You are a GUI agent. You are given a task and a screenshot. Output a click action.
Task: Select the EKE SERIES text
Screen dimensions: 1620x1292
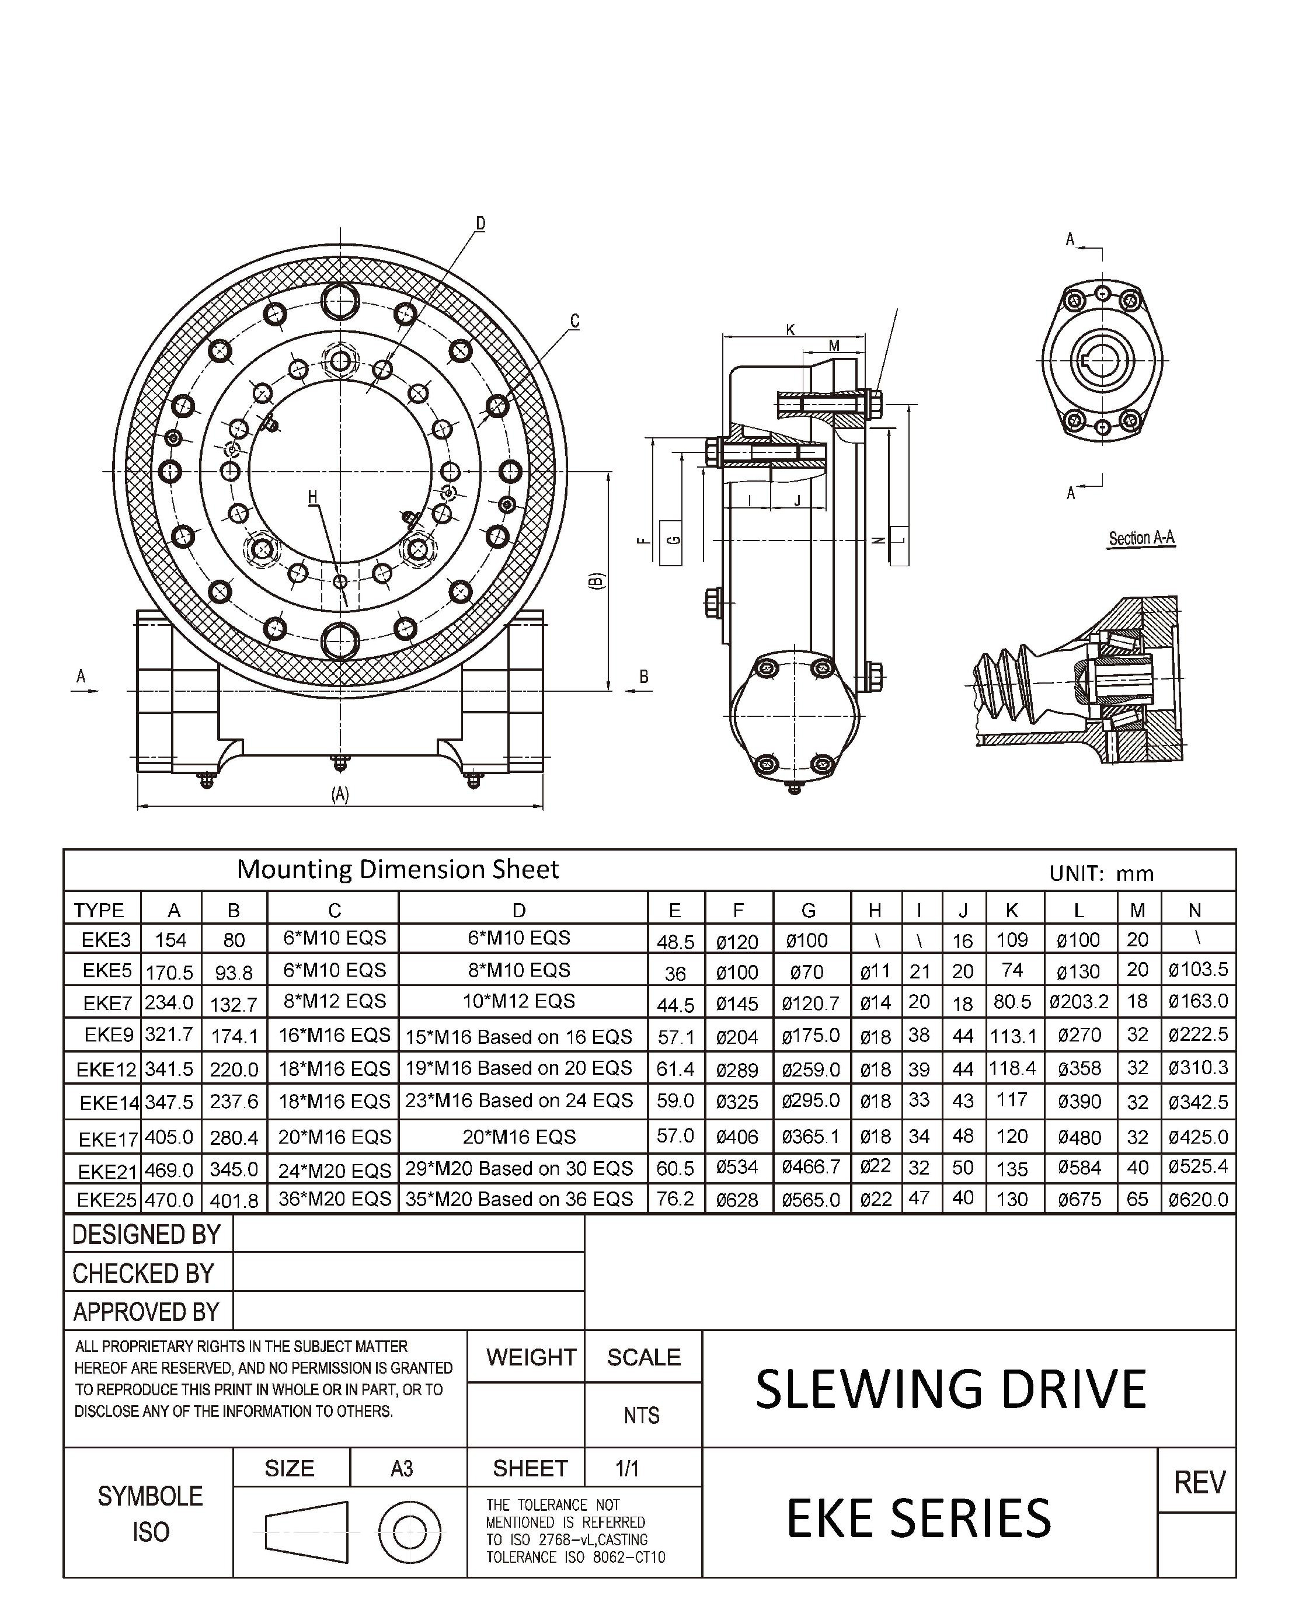tap(918, 1518)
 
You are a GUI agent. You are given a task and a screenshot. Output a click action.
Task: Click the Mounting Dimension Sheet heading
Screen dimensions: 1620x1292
tap(398, 869)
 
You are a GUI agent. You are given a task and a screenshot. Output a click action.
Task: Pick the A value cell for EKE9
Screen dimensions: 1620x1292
tap(170, 1034)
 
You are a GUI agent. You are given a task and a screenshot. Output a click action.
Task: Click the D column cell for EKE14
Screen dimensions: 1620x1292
tap(520, 1101)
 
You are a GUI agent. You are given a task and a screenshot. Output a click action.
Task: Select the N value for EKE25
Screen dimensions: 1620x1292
tap(1198, 1199)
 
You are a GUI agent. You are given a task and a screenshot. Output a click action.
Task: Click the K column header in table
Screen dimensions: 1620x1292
tap(1012, 910)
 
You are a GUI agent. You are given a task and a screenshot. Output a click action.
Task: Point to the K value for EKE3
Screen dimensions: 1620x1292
tap(1012, 939)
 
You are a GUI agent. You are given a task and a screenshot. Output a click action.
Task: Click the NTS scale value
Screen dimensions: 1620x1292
tap(641, 1416)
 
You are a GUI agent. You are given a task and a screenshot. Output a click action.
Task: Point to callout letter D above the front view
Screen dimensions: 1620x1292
tap(480, 223)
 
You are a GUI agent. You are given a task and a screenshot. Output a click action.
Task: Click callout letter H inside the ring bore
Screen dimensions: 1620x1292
tap(313, 497)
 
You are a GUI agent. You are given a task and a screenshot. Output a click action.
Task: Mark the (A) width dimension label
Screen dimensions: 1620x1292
tap(340, 794)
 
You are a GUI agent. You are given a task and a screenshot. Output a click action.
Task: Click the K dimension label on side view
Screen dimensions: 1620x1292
tap(790, 329)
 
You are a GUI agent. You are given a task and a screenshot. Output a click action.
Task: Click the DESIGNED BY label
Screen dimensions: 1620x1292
tap(147, 1235)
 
